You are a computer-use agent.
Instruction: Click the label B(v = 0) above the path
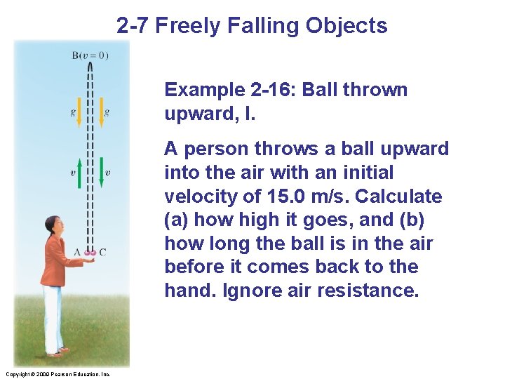click(90, 55)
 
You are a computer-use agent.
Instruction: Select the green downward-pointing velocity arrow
click(101, 173)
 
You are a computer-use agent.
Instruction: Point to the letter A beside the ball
click(77, 252)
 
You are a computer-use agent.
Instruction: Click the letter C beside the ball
click(102, 252)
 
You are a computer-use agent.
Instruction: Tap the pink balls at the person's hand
click(90, 253)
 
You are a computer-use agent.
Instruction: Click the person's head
click(53, 225)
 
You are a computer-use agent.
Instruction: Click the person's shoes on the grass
click(58, 350)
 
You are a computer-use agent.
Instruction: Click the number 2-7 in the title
click(132, 26)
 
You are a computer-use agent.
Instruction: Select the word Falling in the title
click(267, 26)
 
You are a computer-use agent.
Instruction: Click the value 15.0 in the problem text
click(283, 196)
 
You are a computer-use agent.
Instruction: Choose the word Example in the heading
click(203, 90)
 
